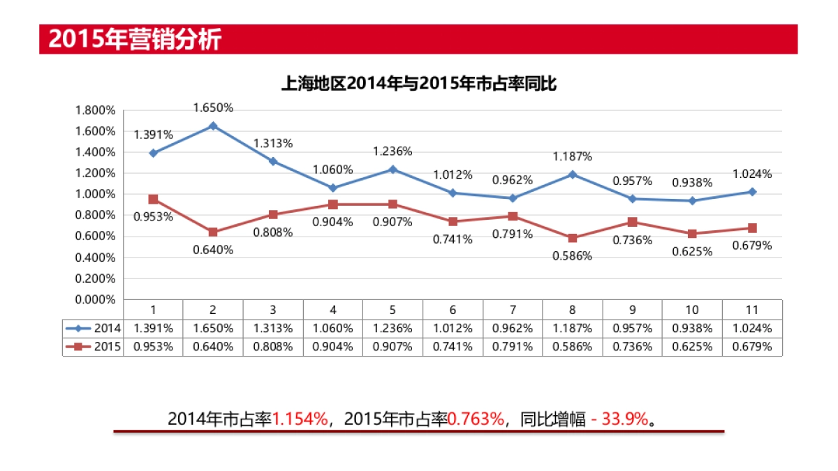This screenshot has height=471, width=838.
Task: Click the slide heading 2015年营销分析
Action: coord(135,39)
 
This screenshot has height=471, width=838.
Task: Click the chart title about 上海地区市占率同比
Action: coord(418,84)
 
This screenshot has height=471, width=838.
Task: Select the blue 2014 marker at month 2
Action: coord(213,126)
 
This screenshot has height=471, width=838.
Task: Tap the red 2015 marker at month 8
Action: coord(573,238)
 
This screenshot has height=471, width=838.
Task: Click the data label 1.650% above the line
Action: coord(213,107)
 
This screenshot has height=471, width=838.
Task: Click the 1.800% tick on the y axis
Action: coord(95,110)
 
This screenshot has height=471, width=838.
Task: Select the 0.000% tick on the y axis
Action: coord(95,299)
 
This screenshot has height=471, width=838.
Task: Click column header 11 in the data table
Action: coord(752,310)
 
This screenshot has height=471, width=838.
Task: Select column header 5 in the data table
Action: coord(392,310)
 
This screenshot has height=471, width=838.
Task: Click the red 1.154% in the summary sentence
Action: coord(300,419)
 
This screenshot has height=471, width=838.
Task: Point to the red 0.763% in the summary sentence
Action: coord(476,419)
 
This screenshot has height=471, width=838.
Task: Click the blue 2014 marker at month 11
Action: coord(752,191)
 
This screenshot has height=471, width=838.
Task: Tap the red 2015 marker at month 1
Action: coord(153,200)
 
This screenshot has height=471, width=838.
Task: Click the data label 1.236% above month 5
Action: coord(392,151)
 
